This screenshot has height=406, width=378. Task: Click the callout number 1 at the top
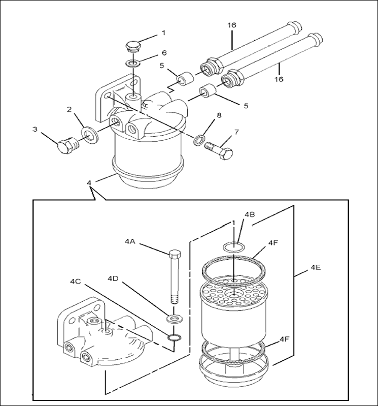[163, 33]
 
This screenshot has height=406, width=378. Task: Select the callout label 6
[164, 53]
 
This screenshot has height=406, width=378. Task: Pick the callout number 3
[35, 129]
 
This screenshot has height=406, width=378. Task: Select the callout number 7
[236, 132]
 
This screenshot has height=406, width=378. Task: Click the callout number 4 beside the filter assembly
[90, 182]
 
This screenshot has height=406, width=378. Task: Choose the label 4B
[249, 214]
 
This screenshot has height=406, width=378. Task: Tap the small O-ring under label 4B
[233, 247]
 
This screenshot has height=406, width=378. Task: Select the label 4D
[113, 279]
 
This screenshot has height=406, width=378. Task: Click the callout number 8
[219, 115]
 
